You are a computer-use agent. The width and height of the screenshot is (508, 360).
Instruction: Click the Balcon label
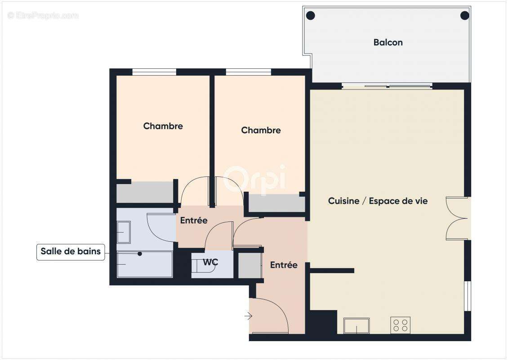388,42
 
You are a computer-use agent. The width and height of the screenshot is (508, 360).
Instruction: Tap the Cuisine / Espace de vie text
378,201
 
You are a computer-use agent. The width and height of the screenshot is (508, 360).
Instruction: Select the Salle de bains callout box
71,252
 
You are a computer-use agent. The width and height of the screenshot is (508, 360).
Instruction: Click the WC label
210,262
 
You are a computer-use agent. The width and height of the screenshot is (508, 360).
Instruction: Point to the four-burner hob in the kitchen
400,325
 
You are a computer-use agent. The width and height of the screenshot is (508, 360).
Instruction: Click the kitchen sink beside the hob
356,325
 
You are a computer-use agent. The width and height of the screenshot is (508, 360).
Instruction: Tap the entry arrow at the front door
248,316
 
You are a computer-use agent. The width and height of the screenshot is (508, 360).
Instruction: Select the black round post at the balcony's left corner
310,16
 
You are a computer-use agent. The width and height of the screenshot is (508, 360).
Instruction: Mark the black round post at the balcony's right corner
464,16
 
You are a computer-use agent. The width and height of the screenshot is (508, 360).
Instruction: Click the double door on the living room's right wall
457,219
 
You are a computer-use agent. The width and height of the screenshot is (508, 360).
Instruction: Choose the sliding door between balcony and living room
387,86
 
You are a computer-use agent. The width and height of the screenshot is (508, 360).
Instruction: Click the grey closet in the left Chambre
144,193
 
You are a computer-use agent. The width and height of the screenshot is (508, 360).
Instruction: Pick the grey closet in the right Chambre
277,203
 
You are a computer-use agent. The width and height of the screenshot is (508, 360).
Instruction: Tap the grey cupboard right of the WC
250,265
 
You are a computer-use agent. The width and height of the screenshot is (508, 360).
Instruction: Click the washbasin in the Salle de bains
123,232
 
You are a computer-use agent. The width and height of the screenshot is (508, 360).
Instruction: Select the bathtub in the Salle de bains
144,265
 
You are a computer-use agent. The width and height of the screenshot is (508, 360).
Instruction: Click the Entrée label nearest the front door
284,265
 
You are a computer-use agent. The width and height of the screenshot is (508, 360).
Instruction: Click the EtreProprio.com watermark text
43,15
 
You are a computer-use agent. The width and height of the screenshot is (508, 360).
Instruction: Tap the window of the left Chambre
154,72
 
